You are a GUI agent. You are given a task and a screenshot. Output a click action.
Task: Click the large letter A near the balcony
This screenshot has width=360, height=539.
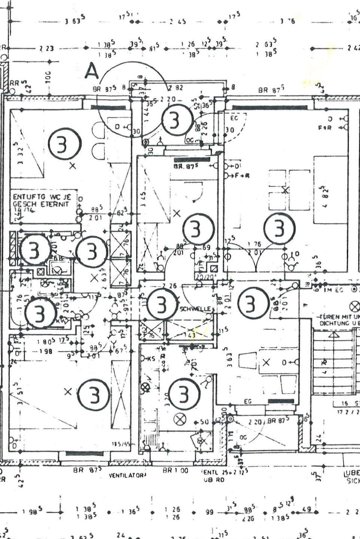point(91,71)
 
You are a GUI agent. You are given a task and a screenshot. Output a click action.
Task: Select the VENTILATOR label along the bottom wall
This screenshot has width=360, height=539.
point(126,476)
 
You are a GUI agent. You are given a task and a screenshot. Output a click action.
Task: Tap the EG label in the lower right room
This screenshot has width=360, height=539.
point(247,402)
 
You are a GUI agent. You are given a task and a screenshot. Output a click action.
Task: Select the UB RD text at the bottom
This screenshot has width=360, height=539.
point(214,479)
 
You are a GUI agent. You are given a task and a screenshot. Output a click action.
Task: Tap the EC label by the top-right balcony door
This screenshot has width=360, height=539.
point(234,119)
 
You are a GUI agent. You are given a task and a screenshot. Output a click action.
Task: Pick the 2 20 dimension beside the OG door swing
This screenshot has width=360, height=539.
point(256,422)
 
